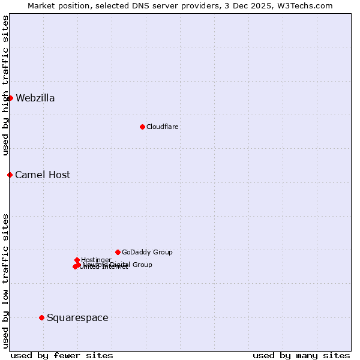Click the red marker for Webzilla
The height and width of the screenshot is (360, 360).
pos(10,98)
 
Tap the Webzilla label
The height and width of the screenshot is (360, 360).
pos(35,98)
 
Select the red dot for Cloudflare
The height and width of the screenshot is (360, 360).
pos(142,127)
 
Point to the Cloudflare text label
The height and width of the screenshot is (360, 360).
pos(163,127)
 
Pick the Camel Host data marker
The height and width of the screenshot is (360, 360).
pos(10,175)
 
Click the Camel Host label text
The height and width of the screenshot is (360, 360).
pos(43,175)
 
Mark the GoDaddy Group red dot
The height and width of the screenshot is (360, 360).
pos(118,252)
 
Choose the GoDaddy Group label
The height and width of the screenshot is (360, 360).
pos(147,253)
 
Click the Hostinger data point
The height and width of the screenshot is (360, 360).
pos(77,260)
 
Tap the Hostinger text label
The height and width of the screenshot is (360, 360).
pos(97,260)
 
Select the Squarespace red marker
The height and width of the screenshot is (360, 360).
pos(41,317)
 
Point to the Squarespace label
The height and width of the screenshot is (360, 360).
pos(77,318)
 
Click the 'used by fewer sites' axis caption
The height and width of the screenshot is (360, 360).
pos(62,356)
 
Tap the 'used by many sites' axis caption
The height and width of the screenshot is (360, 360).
pos(301,356)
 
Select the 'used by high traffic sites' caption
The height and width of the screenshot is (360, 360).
pos(5,85)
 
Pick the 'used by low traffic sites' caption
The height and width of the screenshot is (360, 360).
pos(5,280)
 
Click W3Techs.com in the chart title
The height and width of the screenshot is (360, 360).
pos(310,5)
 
